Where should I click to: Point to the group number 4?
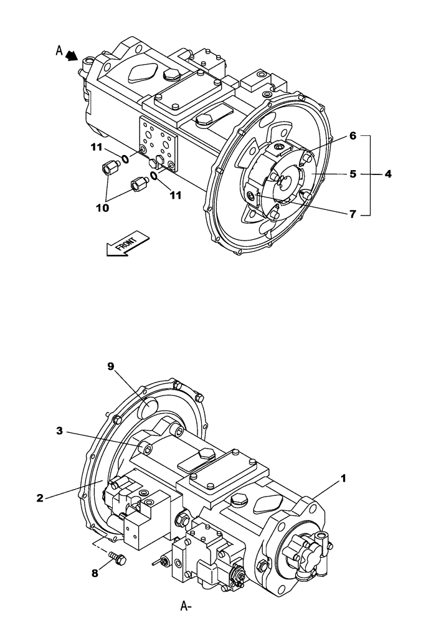pyautogui.click(x=387, y=174)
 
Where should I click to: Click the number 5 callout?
pyautogui.click(x=353, y=174)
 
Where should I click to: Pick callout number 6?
pyautogui.click(x=353, y=135)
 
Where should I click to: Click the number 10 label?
pyautogui.click(x=102, y=207)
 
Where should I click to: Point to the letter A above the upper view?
pyautogui.click(x=59, y=51)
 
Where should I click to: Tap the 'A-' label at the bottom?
pyautogui.click(x=186, y=605)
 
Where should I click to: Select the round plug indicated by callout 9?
pyautogui.click(x=151, y=409)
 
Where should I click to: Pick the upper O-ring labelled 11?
pyautogui.click(x=125, y=159)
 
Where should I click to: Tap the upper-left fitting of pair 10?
pyautogui.click(x=108, y=168)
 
